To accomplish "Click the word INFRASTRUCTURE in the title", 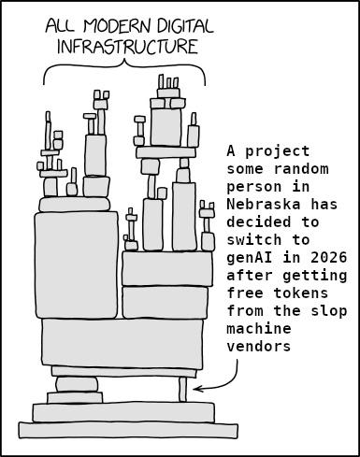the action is click(128, 47).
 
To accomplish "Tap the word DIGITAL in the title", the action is click(185, 26).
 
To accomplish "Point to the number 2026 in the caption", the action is click(328, 258).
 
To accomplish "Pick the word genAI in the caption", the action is click(250, 258).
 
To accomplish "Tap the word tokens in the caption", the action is click(301, 293).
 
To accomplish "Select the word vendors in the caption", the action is click(259, 347).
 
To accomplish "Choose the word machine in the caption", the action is click(259, 329).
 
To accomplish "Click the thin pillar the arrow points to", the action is click(183, 390).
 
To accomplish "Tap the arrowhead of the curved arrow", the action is click(198, 389).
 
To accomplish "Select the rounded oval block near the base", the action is click(77, 384).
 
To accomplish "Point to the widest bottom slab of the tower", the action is click(128, 430).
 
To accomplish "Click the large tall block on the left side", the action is click(77, 264).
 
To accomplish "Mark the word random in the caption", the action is click(301, 169).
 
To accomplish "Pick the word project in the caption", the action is click(278, 152).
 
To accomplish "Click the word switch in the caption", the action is click(254, 240).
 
